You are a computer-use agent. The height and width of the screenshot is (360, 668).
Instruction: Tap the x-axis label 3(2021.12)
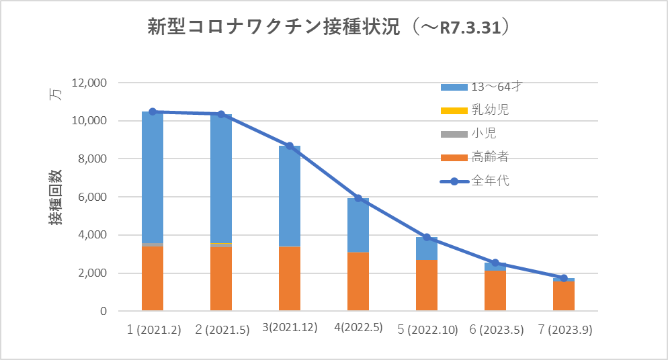point(289,330)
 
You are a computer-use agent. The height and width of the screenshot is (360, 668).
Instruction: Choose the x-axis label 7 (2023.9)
point(564,330)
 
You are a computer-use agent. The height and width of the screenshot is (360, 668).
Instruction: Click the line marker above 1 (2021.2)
point(153,111)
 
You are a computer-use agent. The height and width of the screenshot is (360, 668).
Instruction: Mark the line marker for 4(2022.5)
point(358,198)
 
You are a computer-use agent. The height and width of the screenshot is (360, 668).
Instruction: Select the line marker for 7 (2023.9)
point(564,278)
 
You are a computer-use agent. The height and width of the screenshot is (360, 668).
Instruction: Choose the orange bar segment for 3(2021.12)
point(290,279)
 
